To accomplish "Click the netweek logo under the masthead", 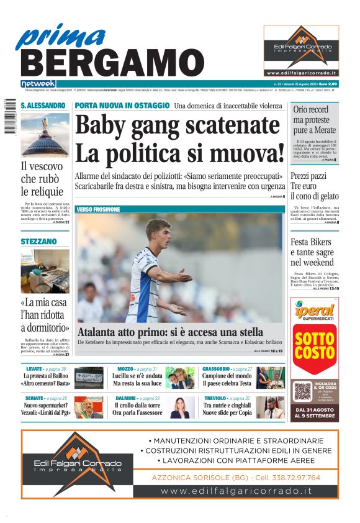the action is pyautogui.click(x=38, y=84).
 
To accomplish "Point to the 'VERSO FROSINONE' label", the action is pyautogui.click(x=98, y=209).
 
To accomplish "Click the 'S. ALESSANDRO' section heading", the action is pyautogui.click(x=42, y=106).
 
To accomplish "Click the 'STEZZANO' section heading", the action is pyautogui.click(x=38, y=241).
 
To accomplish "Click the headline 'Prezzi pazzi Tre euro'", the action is pyautogui.click(x=315, y=186).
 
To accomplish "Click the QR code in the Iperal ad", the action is pyautogui.click(x=302, y=391).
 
